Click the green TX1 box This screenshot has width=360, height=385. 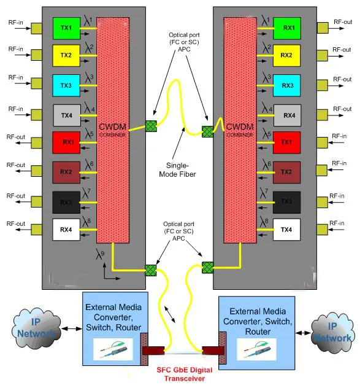pos(66,28)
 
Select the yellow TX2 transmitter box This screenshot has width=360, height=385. pos(66,56)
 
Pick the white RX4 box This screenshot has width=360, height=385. pos(66,231)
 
